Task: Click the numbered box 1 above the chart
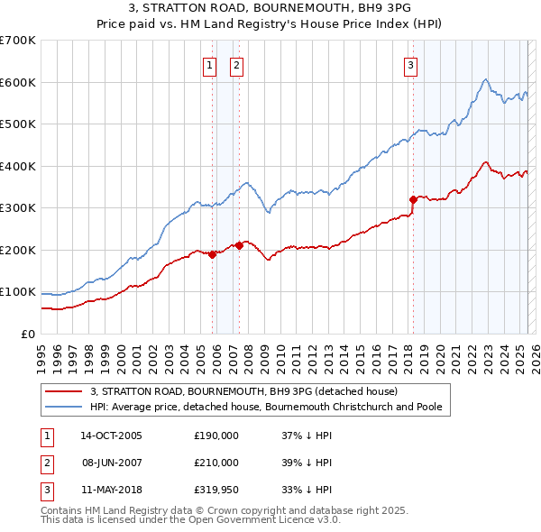[x=209, y=64]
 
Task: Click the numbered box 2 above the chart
[x=235, y=64]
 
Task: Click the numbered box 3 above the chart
[x=410, y=64]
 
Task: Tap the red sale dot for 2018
[x=413, y=199]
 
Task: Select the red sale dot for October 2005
[x=213, y=254]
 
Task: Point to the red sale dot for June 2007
[x=239, y=245]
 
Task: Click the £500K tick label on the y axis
[x=18, y=124]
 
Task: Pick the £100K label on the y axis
[x=18, y=292]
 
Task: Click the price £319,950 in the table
[x=216, y=491]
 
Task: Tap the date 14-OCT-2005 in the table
[x=111, y=436]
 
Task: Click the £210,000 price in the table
[x=216, y=463]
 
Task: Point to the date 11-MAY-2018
[x=111, y=491]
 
